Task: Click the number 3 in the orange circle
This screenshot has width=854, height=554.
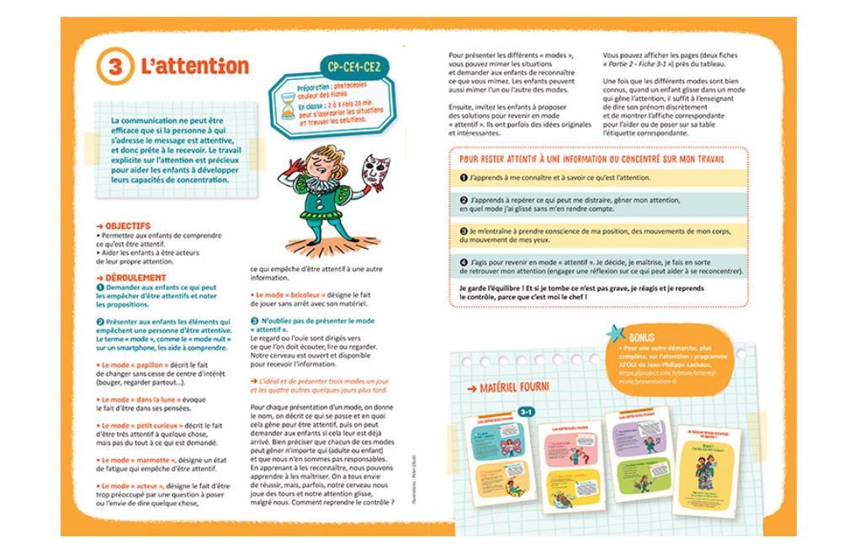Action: pyautogui.click(x=115, y=68)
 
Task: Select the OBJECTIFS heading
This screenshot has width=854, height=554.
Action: pyautogui.click(x=127, y=225)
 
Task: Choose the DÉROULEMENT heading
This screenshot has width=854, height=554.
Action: pyautogui.click(x=135, y=277)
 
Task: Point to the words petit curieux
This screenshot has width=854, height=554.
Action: pyautogui.click(x=152, y=425)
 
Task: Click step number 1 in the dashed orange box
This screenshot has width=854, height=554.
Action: pyautogui.click(x=464, y=178)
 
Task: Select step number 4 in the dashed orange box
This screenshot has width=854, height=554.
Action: pyautogui.click(x=464, y=262)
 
